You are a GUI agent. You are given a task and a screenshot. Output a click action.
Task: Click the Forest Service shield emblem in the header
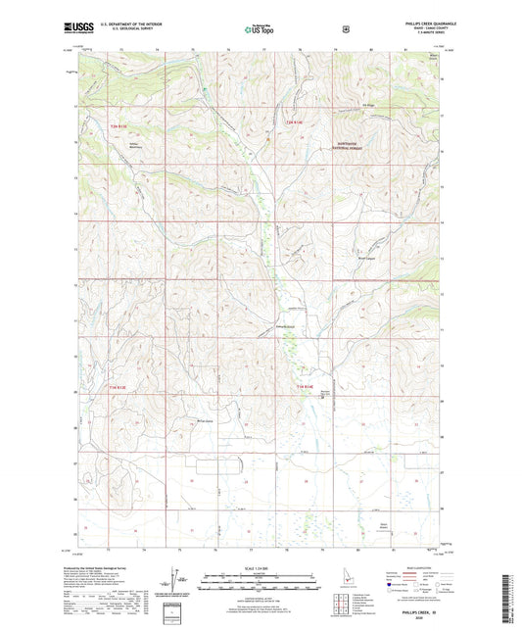345,28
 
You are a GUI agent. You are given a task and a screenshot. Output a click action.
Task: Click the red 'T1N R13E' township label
119,127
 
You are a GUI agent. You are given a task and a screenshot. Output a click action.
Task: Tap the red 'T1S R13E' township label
119,389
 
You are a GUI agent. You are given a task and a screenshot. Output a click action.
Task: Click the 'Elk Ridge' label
368,106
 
